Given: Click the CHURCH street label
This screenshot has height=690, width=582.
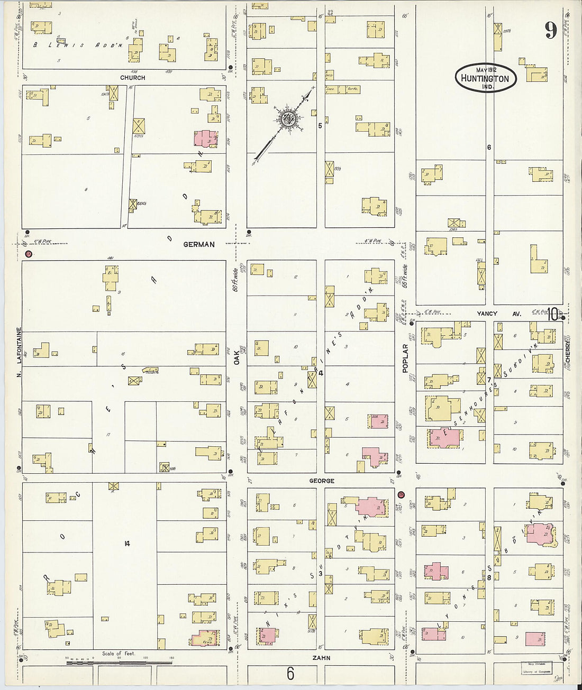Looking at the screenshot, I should point(132,77).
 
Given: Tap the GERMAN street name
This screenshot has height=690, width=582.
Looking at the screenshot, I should point(199,244).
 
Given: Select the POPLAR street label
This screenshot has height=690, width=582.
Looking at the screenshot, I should point(405,358).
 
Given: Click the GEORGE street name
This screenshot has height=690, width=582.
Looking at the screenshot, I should point(322,481).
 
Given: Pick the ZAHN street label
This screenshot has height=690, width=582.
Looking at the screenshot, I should point(321,658).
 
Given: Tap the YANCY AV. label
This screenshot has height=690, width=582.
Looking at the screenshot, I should point(498,314).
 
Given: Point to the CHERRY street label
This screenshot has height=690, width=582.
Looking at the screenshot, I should point(568,351).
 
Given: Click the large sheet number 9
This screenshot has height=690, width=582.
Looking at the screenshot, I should point(551,31).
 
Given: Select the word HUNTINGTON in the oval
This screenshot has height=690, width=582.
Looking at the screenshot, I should point(485,79).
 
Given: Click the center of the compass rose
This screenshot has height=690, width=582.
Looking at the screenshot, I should point(288,118).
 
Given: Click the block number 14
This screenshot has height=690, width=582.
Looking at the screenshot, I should point(126,543).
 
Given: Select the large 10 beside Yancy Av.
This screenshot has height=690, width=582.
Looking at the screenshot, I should point(553,314).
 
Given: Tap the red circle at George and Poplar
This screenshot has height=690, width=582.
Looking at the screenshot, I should point(401,494).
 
